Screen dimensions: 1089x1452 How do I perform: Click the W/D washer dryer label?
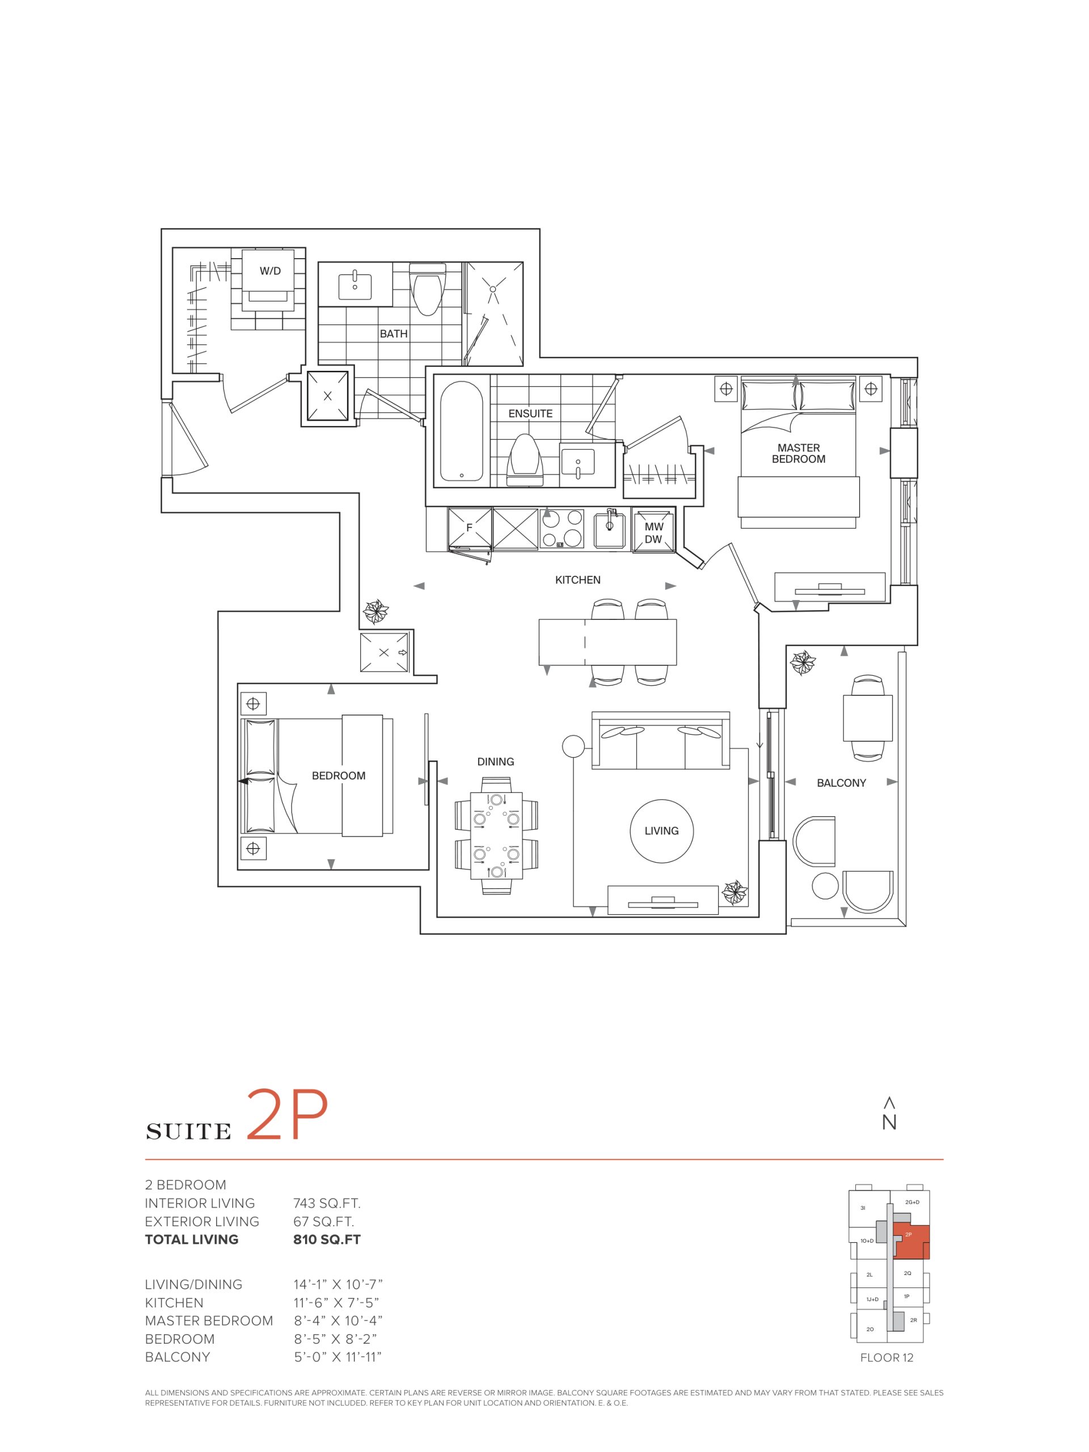(x=270, y=271)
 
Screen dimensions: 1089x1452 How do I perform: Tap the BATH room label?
(x=393, y=334)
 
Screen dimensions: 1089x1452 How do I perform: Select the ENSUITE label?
(x=530, y=413)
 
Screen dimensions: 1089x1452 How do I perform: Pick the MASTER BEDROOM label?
(x=798, y=453)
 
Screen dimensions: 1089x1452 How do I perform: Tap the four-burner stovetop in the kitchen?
(x=562, y=529)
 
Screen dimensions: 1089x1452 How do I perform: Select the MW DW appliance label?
(x=653, y=533)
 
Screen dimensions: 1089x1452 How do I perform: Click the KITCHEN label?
(x=577, y=580)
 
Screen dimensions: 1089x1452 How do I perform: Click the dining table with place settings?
(x=496, y=835)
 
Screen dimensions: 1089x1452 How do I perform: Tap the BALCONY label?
(x=841, y=783)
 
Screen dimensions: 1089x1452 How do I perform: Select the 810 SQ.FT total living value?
(x=327, y=1239)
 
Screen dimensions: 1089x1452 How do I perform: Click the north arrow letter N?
(x=889, y=1122)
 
